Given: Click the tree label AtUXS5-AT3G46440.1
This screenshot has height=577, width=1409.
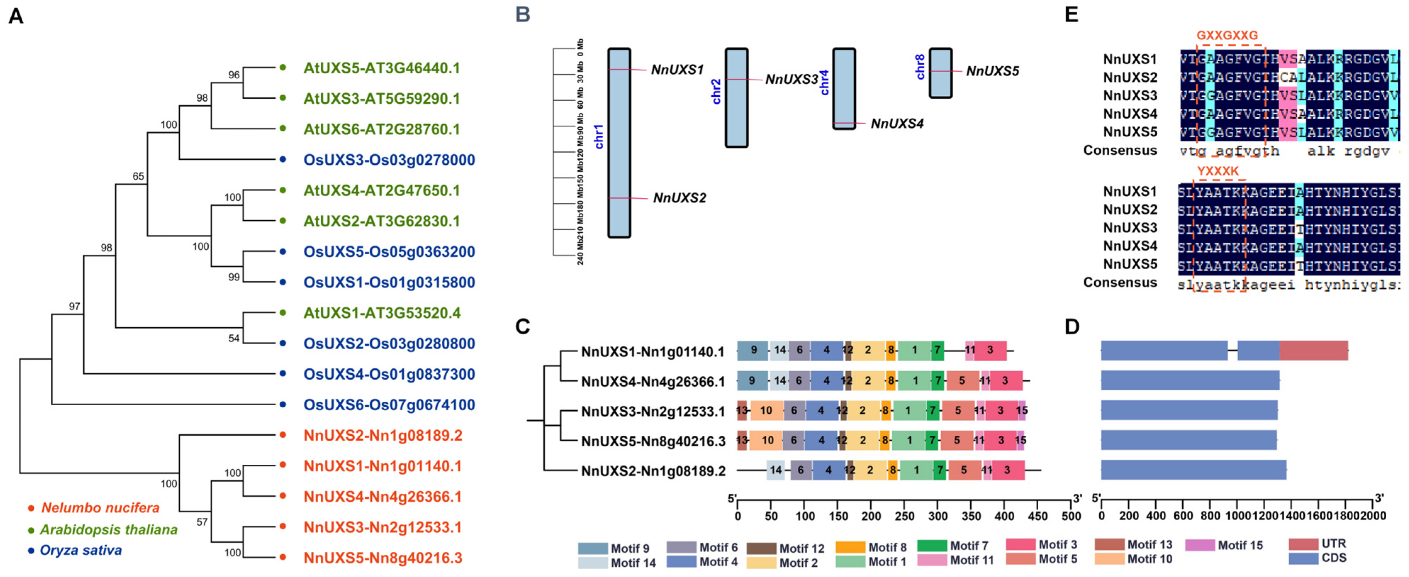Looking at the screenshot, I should click(381, 68).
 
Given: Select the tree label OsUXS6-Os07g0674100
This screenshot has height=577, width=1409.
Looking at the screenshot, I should click(389, 405).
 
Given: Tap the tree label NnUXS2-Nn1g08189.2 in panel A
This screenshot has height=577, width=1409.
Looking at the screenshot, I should click(383, 436).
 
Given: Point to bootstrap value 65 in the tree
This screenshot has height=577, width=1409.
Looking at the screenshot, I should click(138, 176).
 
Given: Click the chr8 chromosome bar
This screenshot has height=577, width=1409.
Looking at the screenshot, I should click(940, 73).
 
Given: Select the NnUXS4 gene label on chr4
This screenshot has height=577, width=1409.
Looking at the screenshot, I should click(897, 124).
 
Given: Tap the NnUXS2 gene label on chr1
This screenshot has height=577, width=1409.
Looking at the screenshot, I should click(679, 198).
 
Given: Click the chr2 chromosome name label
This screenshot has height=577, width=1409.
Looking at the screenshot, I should click(716, 91).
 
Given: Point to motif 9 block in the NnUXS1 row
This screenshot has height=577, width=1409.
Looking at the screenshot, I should click(753, 351).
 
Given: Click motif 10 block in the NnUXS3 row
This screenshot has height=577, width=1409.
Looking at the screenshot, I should click(766, 411).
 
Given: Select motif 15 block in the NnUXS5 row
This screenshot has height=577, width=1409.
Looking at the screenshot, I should click(1020, 440).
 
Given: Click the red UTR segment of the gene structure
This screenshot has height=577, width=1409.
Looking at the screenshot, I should click(1313, 351).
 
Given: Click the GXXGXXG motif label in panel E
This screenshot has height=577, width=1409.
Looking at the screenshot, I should click(1227, 35).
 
